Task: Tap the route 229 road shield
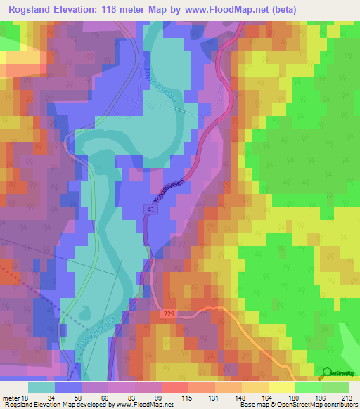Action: [x=167, y=314]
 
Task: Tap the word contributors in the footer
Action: [x=340, y=405]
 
